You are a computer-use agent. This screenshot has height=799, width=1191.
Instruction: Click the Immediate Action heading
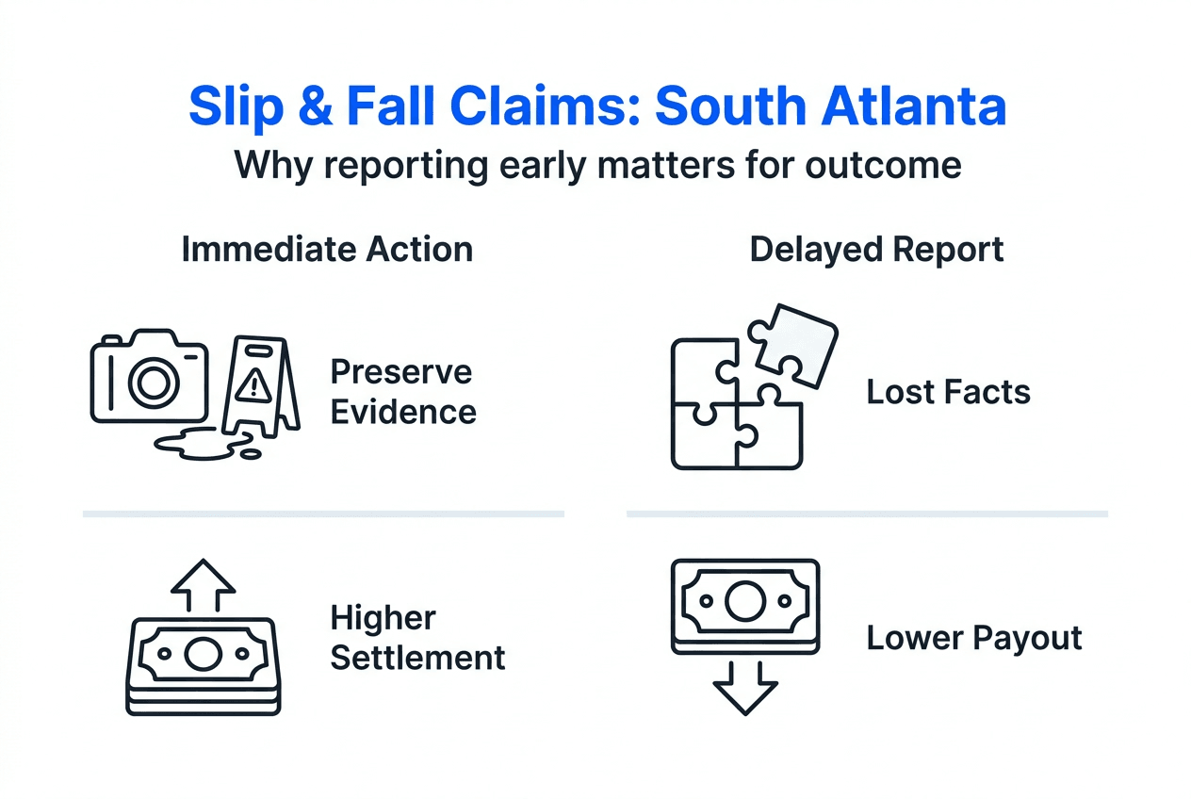pos(327,250)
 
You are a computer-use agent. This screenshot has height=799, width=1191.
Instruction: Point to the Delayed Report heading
pos(876,250)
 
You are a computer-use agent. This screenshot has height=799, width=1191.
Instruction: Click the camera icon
pos(149,376)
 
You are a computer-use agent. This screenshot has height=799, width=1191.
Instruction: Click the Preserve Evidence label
pos(402,391)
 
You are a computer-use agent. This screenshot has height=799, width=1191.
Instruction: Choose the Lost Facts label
pos(948,391)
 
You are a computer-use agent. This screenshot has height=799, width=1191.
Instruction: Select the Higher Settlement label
pos(417,638)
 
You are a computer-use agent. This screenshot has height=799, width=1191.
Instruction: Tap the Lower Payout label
pos(974,638)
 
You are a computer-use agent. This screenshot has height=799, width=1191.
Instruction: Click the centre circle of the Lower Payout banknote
pos(744,600)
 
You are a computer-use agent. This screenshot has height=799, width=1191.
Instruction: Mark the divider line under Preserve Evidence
pos(323,514)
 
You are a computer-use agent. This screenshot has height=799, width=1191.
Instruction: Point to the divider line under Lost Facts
pos(867,514)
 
